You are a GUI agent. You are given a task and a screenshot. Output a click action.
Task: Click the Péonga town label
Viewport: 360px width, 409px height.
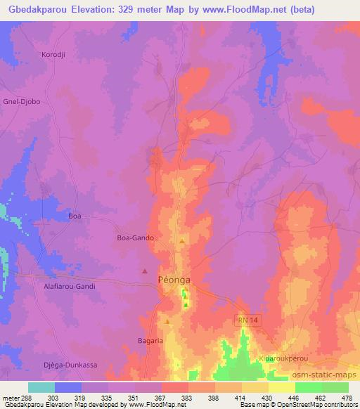coord(172,279)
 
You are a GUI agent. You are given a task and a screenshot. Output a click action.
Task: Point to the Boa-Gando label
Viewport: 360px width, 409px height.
coord(135,238)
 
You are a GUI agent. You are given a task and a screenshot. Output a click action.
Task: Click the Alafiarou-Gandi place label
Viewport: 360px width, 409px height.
coord(65,286)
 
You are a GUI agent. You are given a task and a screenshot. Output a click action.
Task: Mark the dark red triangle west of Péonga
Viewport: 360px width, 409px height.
coord(145,271)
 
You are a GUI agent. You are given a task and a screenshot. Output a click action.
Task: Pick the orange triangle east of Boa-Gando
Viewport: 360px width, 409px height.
coord(182,241)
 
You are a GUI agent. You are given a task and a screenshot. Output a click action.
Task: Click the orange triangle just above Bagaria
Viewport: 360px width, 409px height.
coord(167,321)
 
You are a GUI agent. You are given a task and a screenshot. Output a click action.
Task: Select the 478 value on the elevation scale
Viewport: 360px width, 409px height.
coord(347,397)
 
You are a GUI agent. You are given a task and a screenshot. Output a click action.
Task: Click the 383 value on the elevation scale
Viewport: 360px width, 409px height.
coord(187,397)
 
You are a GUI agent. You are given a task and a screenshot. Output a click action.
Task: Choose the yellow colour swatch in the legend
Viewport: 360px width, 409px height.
coord(281,387)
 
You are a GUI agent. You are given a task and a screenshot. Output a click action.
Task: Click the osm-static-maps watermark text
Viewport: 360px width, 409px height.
coord(323,377)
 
